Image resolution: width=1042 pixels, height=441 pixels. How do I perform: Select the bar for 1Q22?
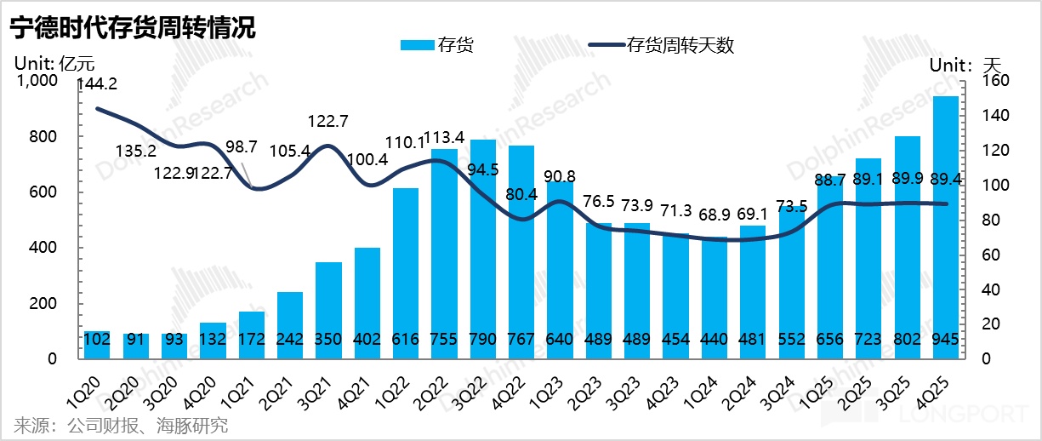coord(406,272)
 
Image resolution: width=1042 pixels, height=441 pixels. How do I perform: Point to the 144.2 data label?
coord(97,84)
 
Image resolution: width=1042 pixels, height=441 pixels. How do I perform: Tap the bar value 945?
coord(946,340)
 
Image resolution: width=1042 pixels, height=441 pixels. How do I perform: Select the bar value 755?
coord(445,340)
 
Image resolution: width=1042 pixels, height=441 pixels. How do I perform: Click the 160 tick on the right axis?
coord(995,81)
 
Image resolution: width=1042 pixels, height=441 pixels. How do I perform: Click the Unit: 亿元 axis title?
coord(54,63)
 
